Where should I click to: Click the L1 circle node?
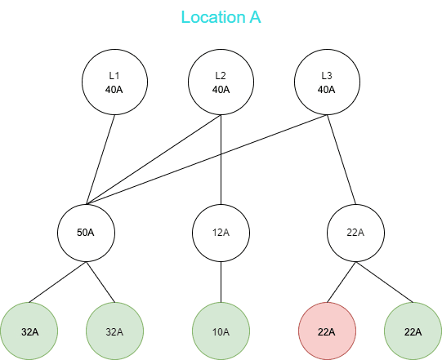pyautogui.click(x=114, y=82)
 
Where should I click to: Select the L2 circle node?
pyautogui.click(x=221, y=82)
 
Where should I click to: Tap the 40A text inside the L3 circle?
pyautogui.click(x=327, y=90)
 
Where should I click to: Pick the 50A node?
pyautogui.click(x=87, y=233)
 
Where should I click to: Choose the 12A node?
pyautogui.click(x=221, y=233)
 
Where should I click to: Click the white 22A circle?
pyautogui.click(x=355, y=233)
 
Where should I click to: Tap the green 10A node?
pyautogui.click(x=221, y=331)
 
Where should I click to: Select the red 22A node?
pyautogui.click(x=328, y=331)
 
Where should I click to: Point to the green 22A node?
pyautogui.click(x=413, y=331)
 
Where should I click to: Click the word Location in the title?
pyautogui.click(x=213, y=17)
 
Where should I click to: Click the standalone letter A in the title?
pyautogui.click(x=255, y=17)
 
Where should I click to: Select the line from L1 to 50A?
pyautogui.click(x=100, y=159)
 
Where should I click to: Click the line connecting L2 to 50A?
pyautogui.click(x=154, y=159)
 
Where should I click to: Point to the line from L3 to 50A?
pyautogui.click(x=207, y=159)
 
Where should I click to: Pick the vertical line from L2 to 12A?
pyautogui.click(x=221, y=159)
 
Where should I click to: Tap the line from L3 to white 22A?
pyautogui.click(x=342, y=159)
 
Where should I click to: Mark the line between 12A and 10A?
pyautogui.click(x=221, y=282)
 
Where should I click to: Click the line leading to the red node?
pyautogui.click(x=342, y=282)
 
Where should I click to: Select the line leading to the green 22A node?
pyautogui.click(x=384, y=282)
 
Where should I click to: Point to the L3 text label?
pyautogui.click(x=327, y=75)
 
